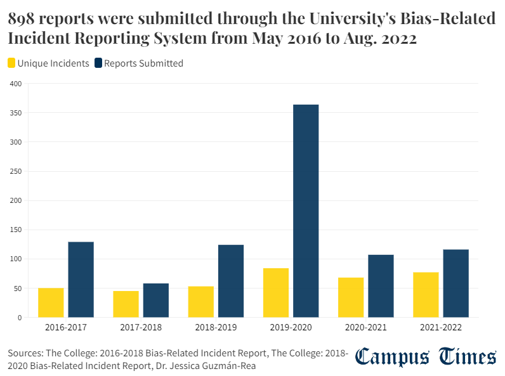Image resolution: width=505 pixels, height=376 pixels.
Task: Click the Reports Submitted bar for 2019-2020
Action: [x=306, y=211]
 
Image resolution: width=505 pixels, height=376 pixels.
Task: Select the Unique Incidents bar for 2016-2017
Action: [x=51, y=302]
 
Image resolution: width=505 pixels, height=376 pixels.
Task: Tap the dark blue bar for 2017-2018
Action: [x=156, y=300]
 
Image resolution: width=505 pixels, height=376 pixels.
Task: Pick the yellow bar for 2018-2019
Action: [x=200, y=302]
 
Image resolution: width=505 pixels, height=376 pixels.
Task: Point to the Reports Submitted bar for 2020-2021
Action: [x=381, y=286]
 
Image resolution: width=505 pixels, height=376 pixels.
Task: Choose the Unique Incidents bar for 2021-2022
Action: [x=426, y=295]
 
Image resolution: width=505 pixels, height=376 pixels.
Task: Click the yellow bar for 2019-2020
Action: [x=275, y=292]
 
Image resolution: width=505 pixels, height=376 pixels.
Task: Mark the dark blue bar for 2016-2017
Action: [x=81, y=279]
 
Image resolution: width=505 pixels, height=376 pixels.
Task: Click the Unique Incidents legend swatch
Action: [x=12, y=63]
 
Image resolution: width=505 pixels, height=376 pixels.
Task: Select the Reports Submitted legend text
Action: [x=143, y=63]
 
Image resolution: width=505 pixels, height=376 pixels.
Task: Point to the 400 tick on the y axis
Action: [x=16, y=84]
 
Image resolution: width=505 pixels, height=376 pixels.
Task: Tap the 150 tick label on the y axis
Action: [x=16, y=230]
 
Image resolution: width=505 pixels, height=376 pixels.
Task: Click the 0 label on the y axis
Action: [x=19, y=317]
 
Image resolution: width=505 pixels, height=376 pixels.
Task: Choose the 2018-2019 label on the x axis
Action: [x=216, y=328]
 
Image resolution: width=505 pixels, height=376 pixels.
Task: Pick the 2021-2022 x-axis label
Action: [x=440, y=328]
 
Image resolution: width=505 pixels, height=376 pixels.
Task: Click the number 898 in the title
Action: [x=22, y=20]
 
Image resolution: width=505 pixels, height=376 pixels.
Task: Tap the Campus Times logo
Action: [x=425, y=357]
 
